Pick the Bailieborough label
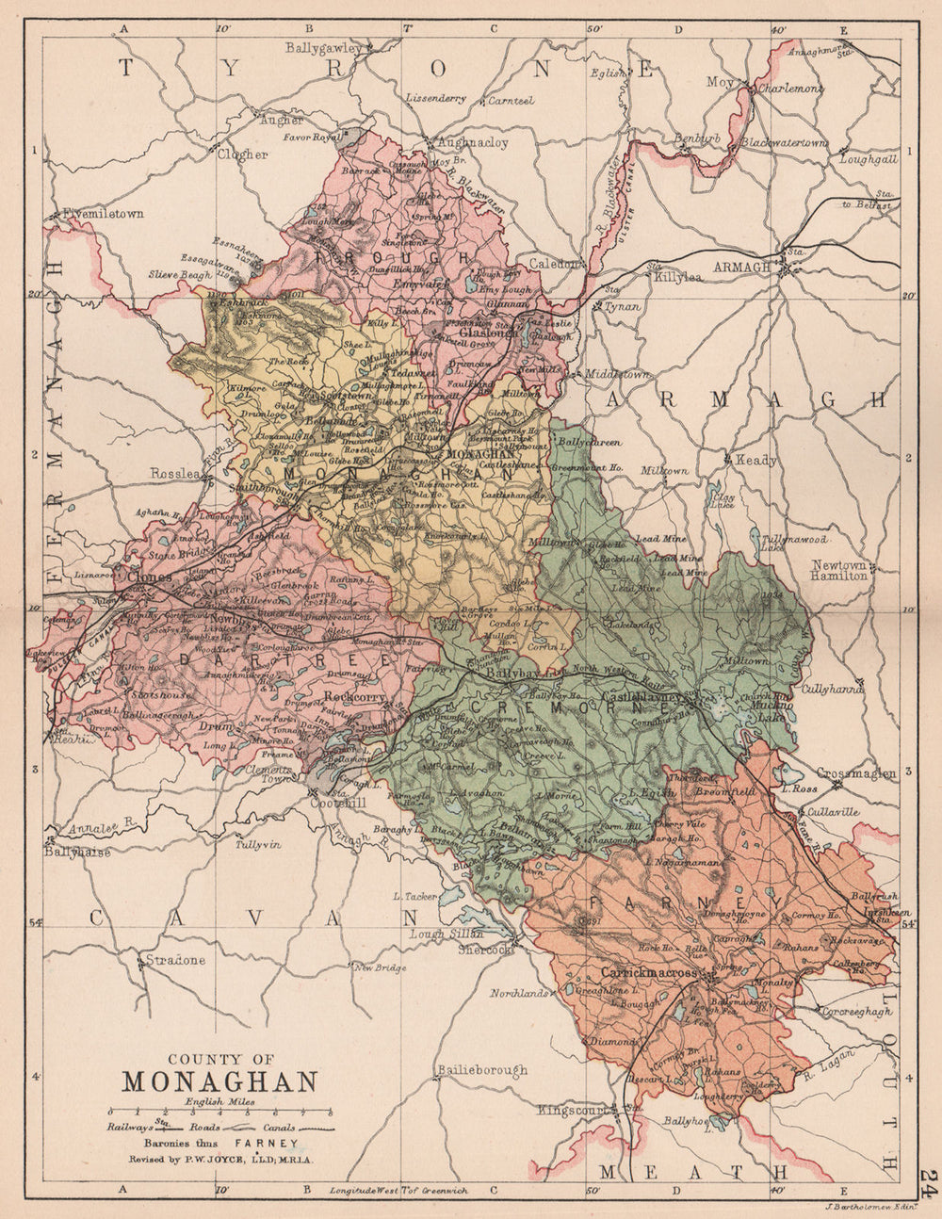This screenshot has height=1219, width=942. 480,1070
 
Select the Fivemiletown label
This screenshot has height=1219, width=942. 106,214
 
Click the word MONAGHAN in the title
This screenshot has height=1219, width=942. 220,1081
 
